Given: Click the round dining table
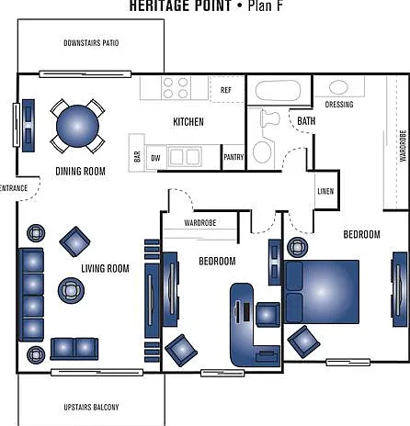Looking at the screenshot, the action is (x=77, y=126).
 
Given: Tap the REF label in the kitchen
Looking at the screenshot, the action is (x=226, y=90).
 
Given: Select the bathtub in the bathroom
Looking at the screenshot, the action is (x=278, y=90).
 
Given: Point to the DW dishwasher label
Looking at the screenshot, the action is (x=155, y=158).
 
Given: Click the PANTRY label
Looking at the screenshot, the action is (x=233, y=157).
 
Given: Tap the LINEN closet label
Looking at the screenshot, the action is (x=325, y=192).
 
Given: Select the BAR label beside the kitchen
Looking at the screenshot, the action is (x=137, y=156).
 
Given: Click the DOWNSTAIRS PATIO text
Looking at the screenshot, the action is (x=91, y=43).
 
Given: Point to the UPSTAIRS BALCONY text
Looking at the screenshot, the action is (x=91, y=408).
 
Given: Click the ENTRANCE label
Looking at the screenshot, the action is (x=14, y=188).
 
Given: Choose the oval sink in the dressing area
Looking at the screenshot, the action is (x=338, y=87).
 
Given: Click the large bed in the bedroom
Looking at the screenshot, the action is (x=322, y=292).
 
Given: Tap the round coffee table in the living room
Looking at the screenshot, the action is (x=71, y=290).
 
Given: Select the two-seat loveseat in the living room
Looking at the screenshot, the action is (x=74, y=349).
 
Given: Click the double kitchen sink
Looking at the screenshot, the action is (x=185, y=157).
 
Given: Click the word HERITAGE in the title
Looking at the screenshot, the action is (x=180, y=6).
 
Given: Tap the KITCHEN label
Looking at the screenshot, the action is (x=188, y=122).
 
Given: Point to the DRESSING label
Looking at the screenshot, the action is (x=339, y=105).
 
